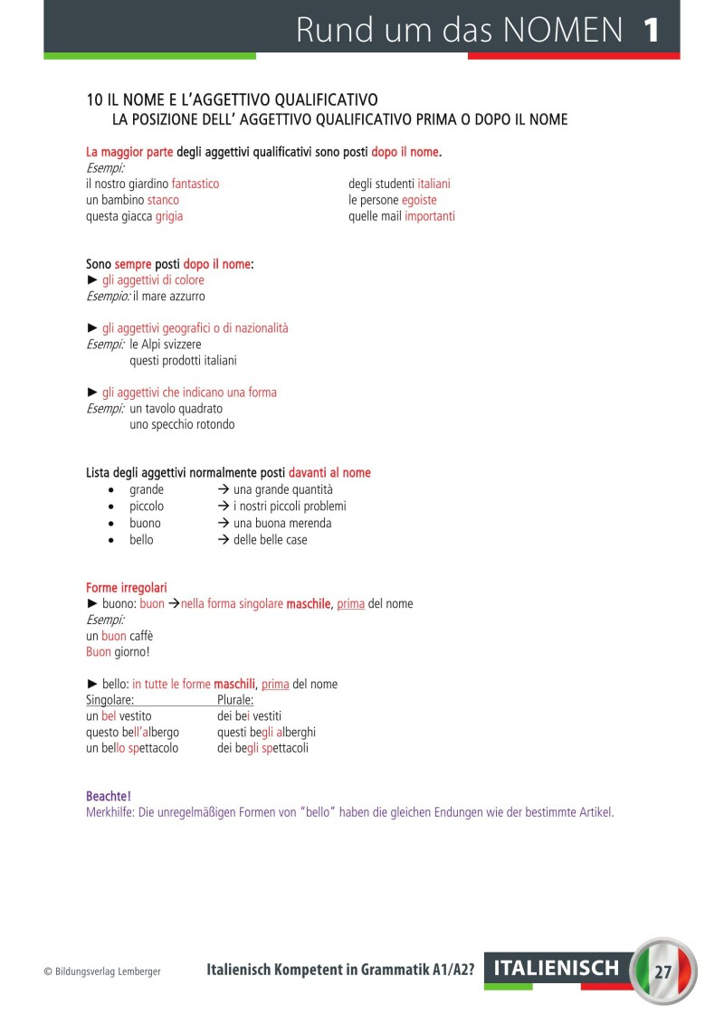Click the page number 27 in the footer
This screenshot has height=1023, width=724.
coord(662,973)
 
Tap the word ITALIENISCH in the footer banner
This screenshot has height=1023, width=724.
coord(557,969)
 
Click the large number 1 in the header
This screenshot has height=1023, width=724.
coord(651,30)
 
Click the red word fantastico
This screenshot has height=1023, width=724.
coord(195,184)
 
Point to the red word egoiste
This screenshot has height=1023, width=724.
coord(419,200)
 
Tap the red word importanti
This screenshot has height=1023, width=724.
coord(430,216)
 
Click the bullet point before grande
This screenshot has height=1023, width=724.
coord(110,490)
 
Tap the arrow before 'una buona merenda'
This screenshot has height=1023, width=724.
coord(223,523)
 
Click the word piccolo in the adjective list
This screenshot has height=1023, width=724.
coord(147,507)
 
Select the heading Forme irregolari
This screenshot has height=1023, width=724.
coord(127,587)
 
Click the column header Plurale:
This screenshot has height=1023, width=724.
coord(235,699)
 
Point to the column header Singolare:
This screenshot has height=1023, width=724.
coord(110,699)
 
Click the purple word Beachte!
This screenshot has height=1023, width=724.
coord(109,796)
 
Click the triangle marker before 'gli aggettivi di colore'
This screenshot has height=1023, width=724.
coord(91,280)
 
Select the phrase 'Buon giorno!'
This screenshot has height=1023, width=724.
coord(118,652)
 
